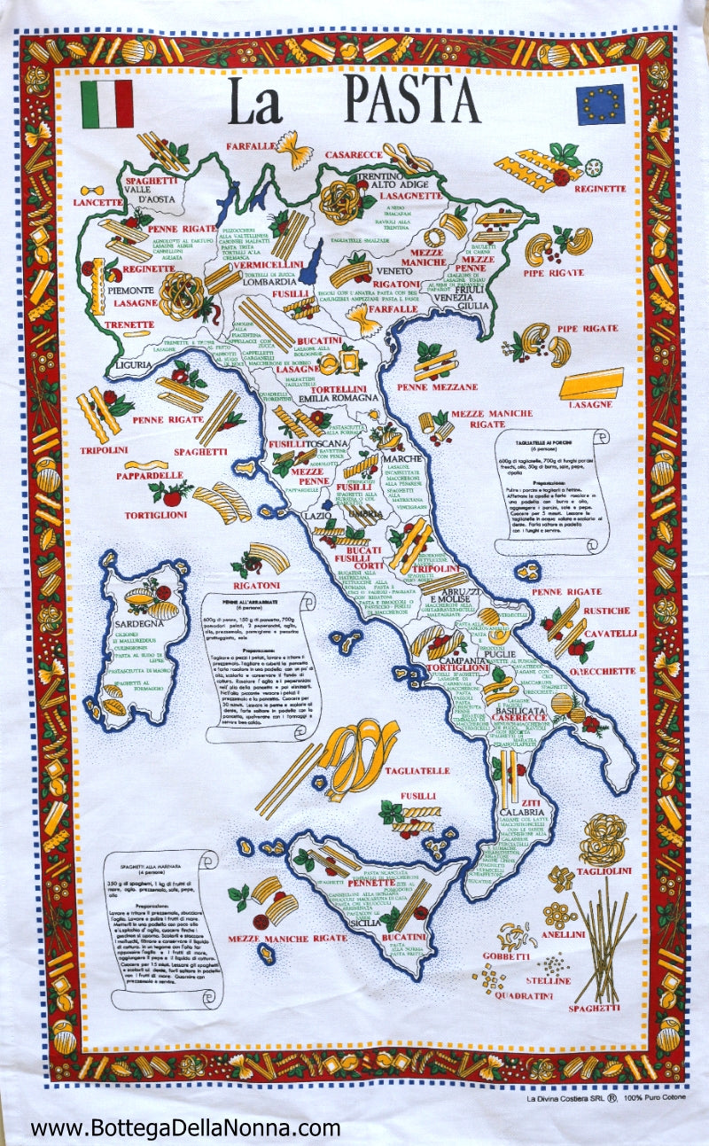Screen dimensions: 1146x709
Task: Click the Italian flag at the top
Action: (x=106, y=104)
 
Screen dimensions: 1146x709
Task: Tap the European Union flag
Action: (x=600, y=104)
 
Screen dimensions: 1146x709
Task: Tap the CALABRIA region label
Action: (x=522, y=811)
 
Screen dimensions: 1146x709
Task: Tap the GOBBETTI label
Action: (x=506, y=956)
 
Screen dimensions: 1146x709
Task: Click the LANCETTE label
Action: (x=101, y=202)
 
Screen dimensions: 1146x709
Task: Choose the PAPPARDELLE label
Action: (x=148, y=475)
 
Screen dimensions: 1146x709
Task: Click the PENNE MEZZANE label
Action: (x=437, y=386)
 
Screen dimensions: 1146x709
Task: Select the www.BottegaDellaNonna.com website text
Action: (x=185, y=1128)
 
